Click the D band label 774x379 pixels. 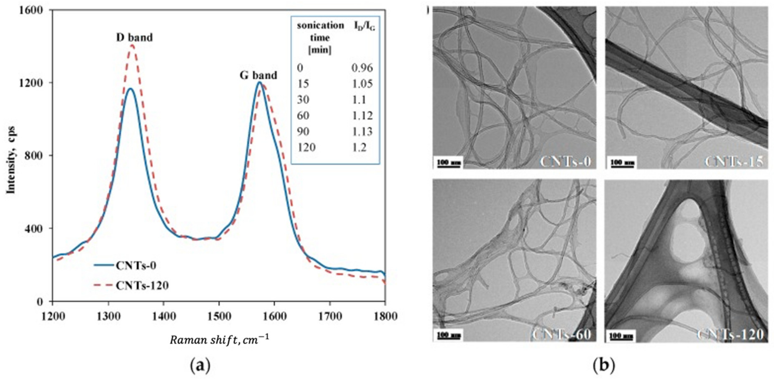(134, 37)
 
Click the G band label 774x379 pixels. (258, 75)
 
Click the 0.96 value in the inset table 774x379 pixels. (362, 68)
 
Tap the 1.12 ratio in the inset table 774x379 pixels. (362, 116)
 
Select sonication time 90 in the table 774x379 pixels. (303, 132)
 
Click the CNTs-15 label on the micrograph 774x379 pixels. (734, 162)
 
